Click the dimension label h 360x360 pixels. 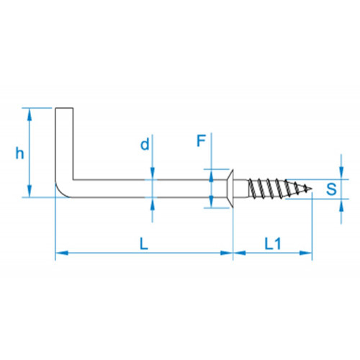(19, 153)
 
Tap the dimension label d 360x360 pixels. (145, 144)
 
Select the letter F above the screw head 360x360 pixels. (201, 140)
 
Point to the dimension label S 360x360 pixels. (331, 189)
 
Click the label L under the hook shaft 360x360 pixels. (144, 243)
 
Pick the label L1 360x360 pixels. (273, 243)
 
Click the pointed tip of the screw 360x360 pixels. (312, 189)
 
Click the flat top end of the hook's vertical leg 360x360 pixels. (64, 108)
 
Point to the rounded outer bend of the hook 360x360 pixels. (60, 193)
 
